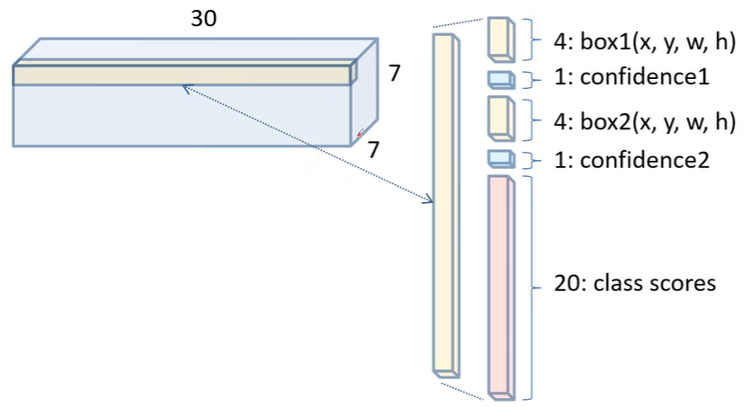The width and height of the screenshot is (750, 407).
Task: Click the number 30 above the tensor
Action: click(204, 18)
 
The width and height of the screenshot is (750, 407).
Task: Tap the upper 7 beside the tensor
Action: click(394, 73)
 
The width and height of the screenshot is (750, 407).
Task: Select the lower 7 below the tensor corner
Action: click(373, 149)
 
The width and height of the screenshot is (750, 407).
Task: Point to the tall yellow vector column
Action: click(446, 206)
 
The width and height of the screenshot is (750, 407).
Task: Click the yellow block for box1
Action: click(501, 40)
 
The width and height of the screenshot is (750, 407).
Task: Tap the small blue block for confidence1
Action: click(501, 80)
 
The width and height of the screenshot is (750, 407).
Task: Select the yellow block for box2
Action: click(501, 119)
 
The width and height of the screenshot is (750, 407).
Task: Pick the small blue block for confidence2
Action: click(501, 159)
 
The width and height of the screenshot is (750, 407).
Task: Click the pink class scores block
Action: click(501, 288)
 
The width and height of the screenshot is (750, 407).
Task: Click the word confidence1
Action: click(645, 76)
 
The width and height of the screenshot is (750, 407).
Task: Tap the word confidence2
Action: click(645, 160)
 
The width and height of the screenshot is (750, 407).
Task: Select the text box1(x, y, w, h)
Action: click(657, 42)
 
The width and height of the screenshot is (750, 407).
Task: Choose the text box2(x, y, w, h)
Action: click(657, 122)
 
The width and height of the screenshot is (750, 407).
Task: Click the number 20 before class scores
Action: click(567, 283)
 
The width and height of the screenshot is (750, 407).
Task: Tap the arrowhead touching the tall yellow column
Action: click(428, 199)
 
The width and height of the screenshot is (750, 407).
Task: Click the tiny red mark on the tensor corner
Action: click(358, 135)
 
